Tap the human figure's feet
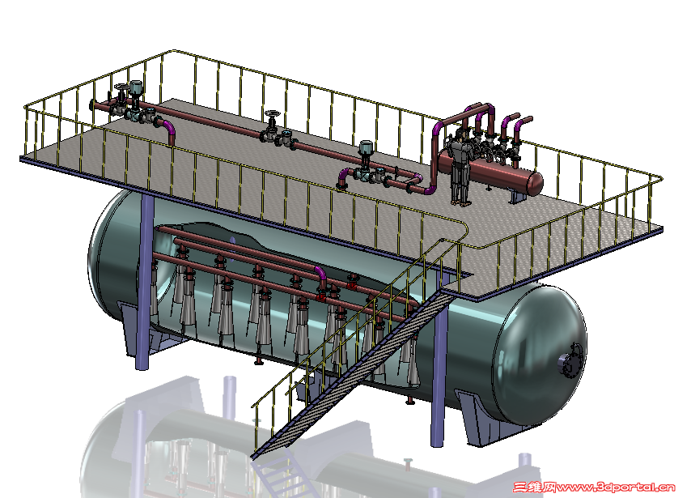tap(460, 202)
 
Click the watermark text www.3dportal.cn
tap(616, 487)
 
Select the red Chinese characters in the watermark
tap(535, 487)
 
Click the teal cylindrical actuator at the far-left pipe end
tap(135, 87)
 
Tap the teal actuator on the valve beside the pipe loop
tap(366, 149)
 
